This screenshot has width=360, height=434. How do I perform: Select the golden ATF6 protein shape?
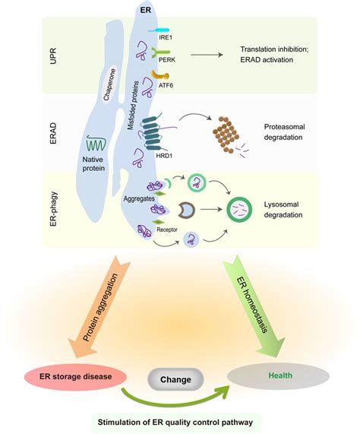click(159, 75)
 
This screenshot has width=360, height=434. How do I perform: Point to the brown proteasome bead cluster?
click(226, 135)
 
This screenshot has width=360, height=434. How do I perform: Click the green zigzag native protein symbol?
click(96, 143)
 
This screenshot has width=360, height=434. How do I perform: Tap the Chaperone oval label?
click(109, 84)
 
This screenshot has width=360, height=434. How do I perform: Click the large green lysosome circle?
click(239, 210)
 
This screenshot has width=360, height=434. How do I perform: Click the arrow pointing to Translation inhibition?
click(207, 55)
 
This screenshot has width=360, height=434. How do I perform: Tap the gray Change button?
click(176, 379)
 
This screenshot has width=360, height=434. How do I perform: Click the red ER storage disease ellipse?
click(76, 376)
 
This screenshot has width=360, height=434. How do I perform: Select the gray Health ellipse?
click(278, 375)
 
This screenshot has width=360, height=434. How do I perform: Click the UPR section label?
click(53, 55)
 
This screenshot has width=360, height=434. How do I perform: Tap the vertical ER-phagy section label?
click(54, 209)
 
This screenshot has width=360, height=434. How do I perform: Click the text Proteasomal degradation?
click(284, 132)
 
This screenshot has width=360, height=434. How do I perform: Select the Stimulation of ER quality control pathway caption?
click(175, 423)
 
